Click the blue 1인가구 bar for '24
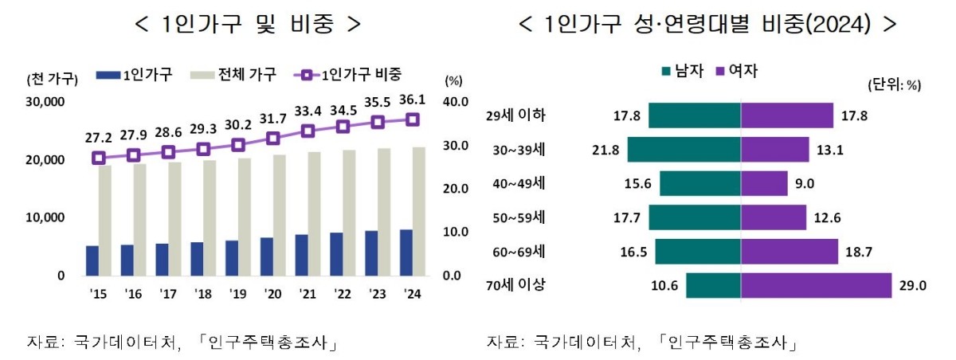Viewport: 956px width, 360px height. pos(406,252)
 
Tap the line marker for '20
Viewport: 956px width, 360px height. pos(272,138)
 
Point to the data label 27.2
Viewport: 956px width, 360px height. pos(98,139)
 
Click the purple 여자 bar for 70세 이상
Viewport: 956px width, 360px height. pos(816,285)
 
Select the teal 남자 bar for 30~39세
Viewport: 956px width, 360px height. pos(684,150)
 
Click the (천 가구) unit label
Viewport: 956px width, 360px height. pos(52,78)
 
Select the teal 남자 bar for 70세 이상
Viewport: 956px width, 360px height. pos(713,285)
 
